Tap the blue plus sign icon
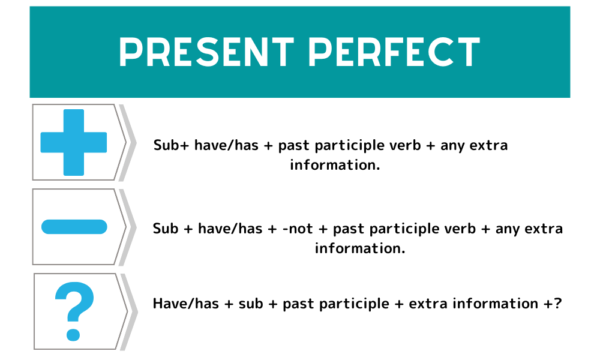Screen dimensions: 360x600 click(73, 142)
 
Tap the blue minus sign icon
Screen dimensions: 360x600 click(74, 227)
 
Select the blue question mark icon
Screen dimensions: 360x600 click(74, 311)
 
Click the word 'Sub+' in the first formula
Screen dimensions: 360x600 click(170, 145)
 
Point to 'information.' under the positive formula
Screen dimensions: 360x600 click(335, 164)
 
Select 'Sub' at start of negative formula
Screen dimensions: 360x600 click(166, 229)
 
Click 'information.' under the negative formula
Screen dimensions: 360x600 click(360, 248)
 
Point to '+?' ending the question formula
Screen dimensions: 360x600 click(553, 304)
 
